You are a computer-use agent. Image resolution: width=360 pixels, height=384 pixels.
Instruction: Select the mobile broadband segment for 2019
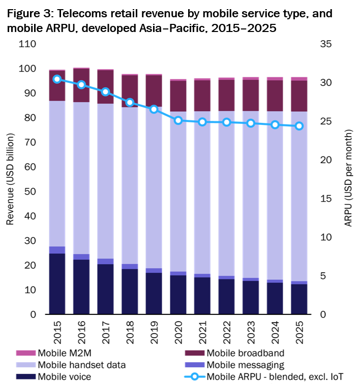click(x=154, y=91)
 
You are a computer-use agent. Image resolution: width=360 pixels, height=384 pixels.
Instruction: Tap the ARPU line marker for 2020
click(x=178, y=120)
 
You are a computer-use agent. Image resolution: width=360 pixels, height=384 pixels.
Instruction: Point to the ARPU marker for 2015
click(x=57, y=79)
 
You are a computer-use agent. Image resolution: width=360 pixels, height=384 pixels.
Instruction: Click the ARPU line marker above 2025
click(x=299, y=126)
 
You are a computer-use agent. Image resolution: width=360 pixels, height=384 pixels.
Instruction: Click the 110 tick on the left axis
click(x=27, y=44)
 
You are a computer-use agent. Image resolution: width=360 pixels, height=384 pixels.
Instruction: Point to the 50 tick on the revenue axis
click(x=29, y=192)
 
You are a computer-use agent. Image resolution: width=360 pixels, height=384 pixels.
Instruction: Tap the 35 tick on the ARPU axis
click(x=326, y=44)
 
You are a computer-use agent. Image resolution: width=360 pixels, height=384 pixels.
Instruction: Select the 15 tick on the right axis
click(x=326, y=199)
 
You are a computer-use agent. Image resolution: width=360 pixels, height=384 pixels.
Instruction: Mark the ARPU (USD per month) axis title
click(x=348, y=179)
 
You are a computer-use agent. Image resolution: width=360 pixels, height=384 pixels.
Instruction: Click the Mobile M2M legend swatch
click(x=24, y=353)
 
